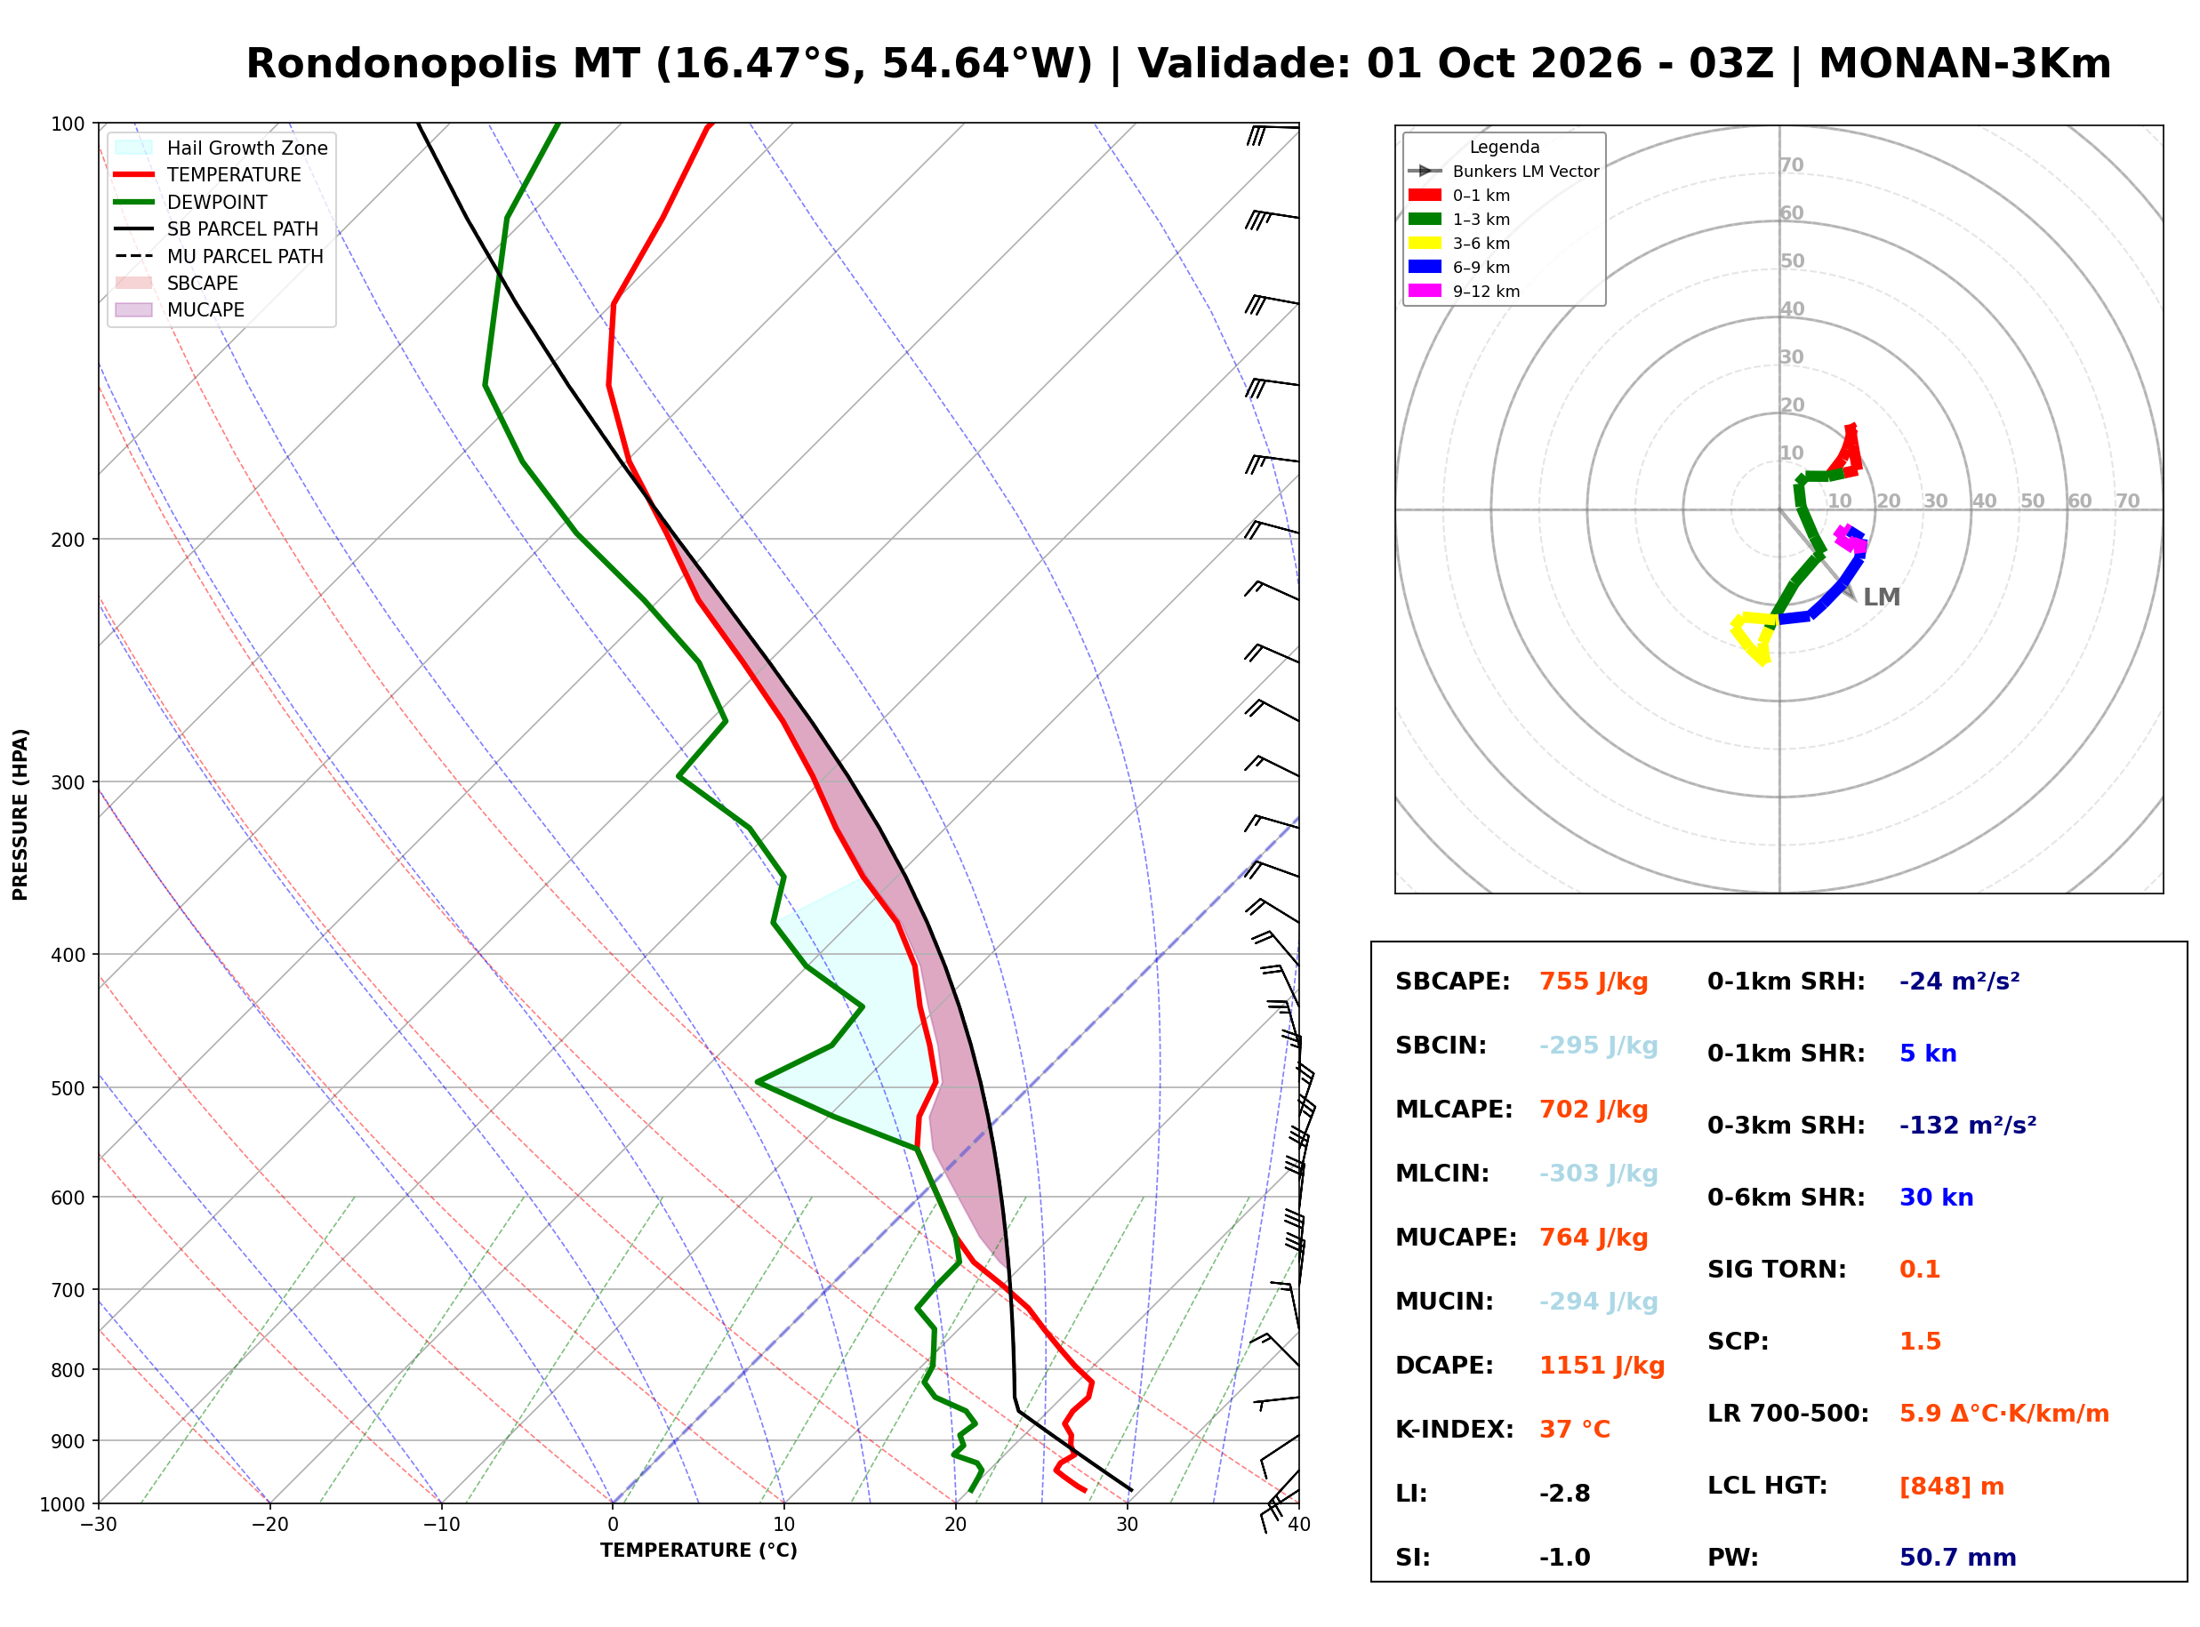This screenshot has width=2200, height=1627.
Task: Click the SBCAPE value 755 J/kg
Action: (1593, 982)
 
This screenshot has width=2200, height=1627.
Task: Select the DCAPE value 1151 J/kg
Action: (1602, 1366)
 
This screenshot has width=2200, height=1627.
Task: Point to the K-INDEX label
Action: (1454, 1430)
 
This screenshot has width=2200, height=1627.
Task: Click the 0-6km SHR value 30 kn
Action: (1936, 1198)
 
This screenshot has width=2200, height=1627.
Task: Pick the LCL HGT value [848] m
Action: (1951, 1487)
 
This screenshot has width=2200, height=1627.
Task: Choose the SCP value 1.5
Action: (1919, 1342)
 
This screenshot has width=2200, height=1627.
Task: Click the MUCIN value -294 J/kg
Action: (1597, 1302)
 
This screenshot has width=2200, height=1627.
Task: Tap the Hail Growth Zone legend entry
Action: (221, 148)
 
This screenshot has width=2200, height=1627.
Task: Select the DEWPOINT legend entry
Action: (191, 202)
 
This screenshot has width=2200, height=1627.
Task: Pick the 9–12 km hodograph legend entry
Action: (1465, 292)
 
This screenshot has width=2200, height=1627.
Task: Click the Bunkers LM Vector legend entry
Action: (1504, 172)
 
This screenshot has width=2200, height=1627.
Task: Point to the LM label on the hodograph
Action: (1881, 597)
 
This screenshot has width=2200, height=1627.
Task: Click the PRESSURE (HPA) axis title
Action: (20, 814)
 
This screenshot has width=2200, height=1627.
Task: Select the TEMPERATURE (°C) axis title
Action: (698, 1551)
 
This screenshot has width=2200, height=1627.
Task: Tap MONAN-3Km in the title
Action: (1964, 64)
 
